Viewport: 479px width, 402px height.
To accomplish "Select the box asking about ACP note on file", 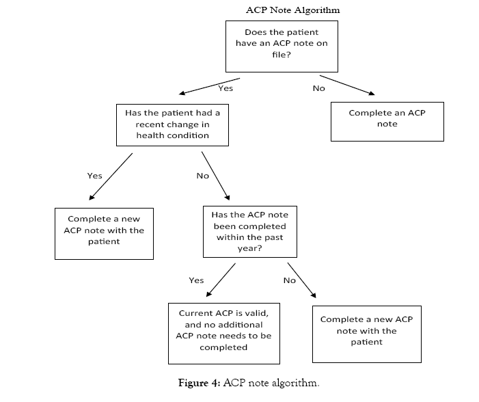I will click(282, 45).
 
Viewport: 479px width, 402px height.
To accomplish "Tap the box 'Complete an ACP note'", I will click(387, 121).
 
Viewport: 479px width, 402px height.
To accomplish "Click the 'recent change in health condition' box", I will click(172, 124).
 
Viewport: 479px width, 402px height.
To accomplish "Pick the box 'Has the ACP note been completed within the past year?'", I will click(250, 231).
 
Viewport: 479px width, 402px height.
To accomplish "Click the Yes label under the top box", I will click(225, 88).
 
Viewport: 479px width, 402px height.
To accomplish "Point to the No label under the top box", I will click(318, 88).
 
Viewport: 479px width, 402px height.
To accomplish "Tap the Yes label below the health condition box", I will click(94, 176).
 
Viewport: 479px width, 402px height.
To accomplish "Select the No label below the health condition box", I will click(202, 176).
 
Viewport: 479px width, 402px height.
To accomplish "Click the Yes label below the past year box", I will click(196, 280).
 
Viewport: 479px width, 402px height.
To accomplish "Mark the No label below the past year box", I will click(289, 280).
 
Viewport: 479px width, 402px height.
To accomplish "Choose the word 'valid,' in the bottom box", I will click(256, 312).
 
